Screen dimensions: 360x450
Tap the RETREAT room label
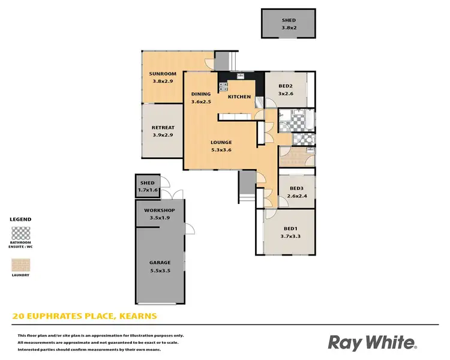[x=163, y=127]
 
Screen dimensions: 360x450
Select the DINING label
[x=201, y=94]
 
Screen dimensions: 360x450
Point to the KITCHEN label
[x=239, y=97]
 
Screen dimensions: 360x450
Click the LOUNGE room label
[x=221, y=142]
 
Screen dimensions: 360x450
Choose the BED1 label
[x=290, y=229]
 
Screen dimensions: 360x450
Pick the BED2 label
[x=285, y=86]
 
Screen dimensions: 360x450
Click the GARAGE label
[x=160, y=262]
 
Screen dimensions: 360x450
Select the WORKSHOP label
[x=160, y=210]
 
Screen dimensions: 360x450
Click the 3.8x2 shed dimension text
[x=289, y=28]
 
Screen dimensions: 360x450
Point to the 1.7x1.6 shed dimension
[x=148, y=190]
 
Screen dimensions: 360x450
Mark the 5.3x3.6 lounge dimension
[x=221, y=149]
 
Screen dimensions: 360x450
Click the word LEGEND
[x=20, y=220]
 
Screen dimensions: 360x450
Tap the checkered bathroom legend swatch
[x=20, y=233]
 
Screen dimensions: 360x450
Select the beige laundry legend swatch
[x=20, y=265]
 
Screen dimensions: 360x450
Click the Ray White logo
[x=371, y=343]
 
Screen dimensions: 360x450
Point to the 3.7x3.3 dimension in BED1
[x=290, y=236]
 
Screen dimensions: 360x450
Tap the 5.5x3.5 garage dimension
[x=160, y=269]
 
